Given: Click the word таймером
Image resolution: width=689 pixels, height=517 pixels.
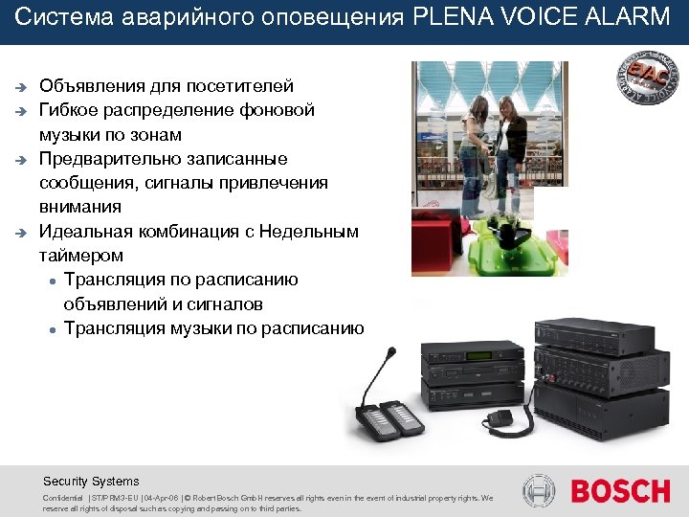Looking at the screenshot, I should click(x=81, y=256).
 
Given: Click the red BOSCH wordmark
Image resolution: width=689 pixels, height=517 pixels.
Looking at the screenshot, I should click(x=620, y=491).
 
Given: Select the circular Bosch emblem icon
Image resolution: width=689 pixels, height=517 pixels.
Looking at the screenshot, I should click(x=540, y=491).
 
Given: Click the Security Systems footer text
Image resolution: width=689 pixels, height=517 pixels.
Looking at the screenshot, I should click(x=91, y=482).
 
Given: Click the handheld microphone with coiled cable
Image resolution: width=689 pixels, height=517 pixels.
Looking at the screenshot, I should click(x=499, y=417).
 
